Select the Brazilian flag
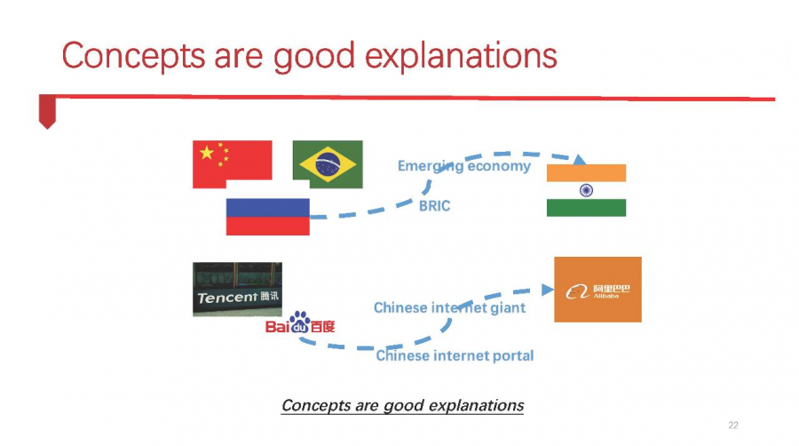[x=328, y=164]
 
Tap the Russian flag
[x=267, y=217]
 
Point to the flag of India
[x=586, y=191]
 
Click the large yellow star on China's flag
[x=206, y=153]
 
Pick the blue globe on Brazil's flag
[x=328, y=164]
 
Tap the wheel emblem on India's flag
[x=586, y=191]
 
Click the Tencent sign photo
[x=237, y=290]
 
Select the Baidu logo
[x=300, y=323]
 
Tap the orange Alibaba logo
[x=597, y=290]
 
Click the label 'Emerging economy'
[x=463, y=166]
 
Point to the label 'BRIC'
[x=435, y=206]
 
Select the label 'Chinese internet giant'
[x=449, y=308]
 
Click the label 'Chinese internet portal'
[x=455, y=355]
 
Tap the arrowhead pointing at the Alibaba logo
[x=548, y=290]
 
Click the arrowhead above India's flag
[x=579, y=160]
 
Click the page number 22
[x=733, y=425]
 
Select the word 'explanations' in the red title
[x=461, y=56]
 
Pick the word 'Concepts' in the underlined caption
[x=316, y=405]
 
